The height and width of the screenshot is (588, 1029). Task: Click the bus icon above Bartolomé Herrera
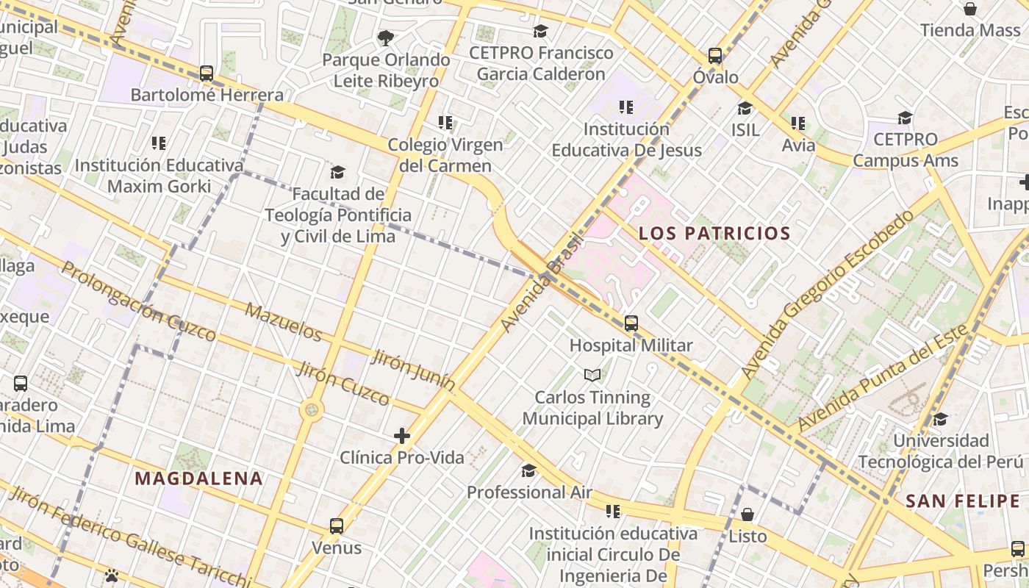pyautogui.click(x=207, y=73)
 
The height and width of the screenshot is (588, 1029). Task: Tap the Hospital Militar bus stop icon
pyautogui.click(x=631, y=323)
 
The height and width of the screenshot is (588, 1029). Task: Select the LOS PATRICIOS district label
pyautogui.click(x=714, y=234)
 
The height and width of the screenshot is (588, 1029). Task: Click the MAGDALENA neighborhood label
pyautogui.click(x=198, y=478)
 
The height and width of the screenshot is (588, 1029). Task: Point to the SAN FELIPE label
pyautogui.click(x=962, y=501)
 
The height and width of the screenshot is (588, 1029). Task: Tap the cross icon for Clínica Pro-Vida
pyautogui.click(x=401, y=436)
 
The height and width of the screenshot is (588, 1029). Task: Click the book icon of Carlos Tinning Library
pyautogui.click(x=592, y=376)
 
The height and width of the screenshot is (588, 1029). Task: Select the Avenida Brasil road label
pyautogui.click(x=541, y=283)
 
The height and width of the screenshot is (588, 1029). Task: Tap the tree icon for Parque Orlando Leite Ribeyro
pyautogui.click(x=385, y=37)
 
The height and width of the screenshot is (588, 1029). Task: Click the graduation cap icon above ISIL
pyautogui.click(x=745, y=108)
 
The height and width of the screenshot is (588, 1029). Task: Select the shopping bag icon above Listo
pyautogui.click(x=747, y=514)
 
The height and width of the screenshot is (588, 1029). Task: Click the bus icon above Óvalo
pyautogui.click(x=715, y=56)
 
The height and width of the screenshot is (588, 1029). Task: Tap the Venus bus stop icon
pyautogui.click(x=337, y=526)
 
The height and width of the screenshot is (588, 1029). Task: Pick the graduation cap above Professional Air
pyautogui.click(x=528, y=470)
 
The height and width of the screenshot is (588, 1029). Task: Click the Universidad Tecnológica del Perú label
pyautogui.click(x=940, y=451)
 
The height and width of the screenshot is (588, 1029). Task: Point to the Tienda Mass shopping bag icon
pyautogui.click(x=970, y=9)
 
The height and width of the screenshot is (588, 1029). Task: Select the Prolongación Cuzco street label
pyautogui.click(x=138, y=301)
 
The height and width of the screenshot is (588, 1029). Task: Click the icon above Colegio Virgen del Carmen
pyautogui.click(x=445, y=123)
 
